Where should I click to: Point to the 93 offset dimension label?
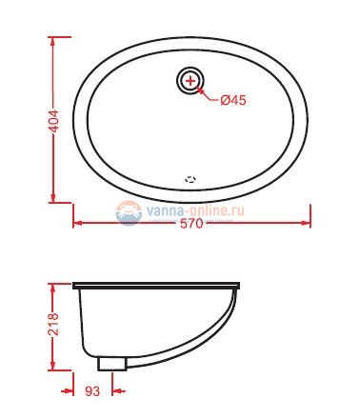click(92, 390)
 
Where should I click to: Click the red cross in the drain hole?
click(191, 81)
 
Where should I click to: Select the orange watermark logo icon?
click(129, 211)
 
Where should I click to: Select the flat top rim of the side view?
click(157, 285)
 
